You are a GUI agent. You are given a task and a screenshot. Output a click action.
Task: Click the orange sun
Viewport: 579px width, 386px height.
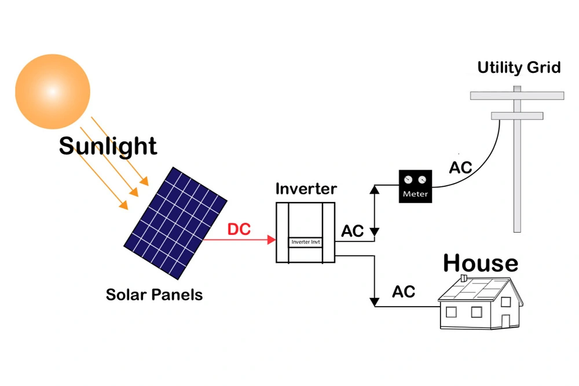pos(53,91)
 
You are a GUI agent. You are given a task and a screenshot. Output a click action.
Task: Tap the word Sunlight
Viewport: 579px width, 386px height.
pos(108,146)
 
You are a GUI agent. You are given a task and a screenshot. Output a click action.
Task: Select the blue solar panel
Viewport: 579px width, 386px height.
pos(175,221)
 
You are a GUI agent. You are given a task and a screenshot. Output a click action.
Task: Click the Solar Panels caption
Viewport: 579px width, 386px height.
pos(154,295)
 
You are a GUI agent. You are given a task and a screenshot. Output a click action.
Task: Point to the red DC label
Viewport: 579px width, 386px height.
pos(239,229)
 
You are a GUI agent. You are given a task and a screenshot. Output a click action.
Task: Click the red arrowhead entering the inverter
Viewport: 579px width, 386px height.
pos(271,238)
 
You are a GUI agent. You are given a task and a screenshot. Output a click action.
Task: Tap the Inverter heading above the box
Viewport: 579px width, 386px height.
pos(306,189)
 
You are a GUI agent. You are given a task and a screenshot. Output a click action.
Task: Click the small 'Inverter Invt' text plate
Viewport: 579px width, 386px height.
pos(306,242)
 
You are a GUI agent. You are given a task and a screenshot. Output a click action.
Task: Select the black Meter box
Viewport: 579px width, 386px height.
pos(416,186)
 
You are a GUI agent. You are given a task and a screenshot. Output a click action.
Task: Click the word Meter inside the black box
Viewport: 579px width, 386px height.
pos(416,194)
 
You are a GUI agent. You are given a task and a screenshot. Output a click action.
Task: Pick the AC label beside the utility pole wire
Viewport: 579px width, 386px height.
pos(461,168)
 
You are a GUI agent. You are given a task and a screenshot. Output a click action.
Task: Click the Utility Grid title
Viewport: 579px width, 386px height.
pos(519,67)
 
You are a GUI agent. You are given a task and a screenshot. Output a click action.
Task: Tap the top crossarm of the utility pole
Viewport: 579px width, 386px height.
pos(517,95)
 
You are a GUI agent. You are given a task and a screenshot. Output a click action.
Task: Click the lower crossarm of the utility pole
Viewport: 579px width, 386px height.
pos(517,116)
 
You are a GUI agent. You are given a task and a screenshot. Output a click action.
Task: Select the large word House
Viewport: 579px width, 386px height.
pos(481,263)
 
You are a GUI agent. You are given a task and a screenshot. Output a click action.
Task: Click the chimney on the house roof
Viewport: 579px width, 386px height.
pos(463,279)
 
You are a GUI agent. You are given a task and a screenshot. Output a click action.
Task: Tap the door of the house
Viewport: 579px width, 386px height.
pos(505,320)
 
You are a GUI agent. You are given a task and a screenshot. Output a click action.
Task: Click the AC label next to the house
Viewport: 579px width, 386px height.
pos(404,292)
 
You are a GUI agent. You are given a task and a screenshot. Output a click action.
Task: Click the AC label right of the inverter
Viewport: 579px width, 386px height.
pos(352,231)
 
